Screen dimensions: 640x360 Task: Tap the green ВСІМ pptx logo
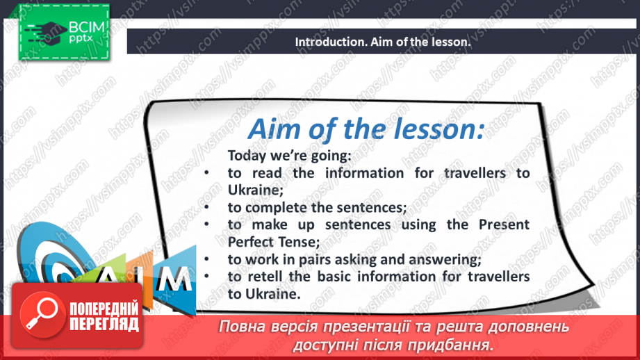click(65, 32)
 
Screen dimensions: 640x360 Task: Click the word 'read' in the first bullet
click(267, 173)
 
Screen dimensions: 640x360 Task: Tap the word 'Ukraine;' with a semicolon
click(256, 190)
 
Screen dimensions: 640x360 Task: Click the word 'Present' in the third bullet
click(504, 224)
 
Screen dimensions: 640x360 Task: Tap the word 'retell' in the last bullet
click(265, 277)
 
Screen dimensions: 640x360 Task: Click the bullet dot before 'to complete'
click(206, 207)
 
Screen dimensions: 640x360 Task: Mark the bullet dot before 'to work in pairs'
click(206, 259)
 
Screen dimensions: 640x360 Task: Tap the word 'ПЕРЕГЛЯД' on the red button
click(104, 324)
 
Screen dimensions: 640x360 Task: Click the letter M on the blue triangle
click(174, 280)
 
